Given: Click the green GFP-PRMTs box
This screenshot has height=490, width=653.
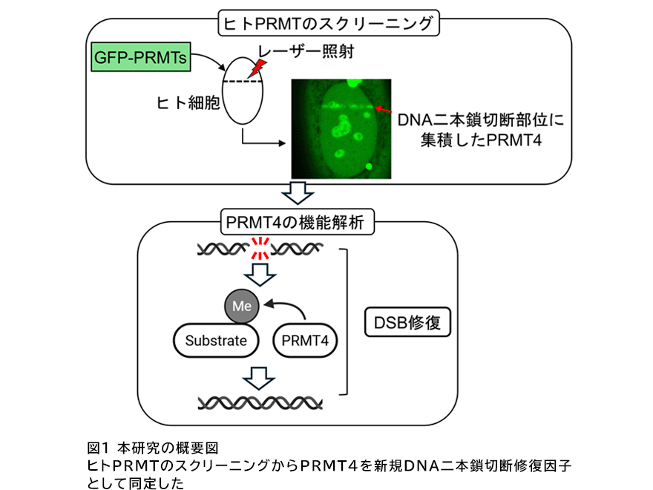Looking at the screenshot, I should tap(139, 56).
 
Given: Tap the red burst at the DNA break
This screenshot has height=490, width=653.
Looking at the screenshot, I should tap(260, 249).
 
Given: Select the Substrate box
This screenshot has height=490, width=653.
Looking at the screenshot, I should tap(215, 341).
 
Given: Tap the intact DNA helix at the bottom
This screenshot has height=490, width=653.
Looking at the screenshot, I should tap(260, 402).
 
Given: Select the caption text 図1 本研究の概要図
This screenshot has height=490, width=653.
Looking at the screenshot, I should tap(153, 448).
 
